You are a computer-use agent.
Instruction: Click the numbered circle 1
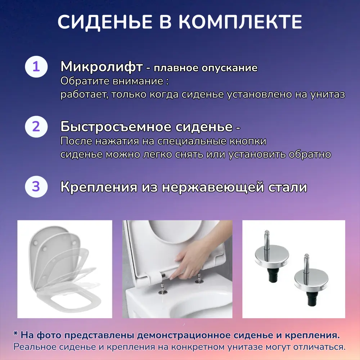(x=36, y=67)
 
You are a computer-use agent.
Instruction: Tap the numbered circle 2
(x=36, y=127)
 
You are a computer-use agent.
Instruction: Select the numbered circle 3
(x=36, y=187)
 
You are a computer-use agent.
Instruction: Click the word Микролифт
(x=101, y=67)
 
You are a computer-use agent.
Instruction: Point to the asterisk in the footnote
(x=15, y=335)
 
